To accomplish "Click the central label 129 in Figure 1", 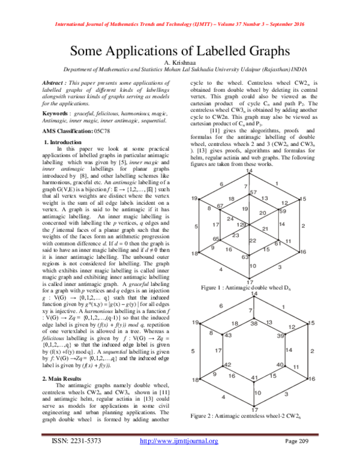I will (241, 224).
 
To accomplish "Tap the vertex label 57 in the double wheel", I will (253, 192).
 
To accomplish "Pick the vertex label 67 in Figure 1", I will (220, 205).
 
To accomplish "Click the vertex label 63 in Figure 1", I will (245, 256).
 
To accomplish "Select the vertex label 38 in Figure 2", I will (254, 323).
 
